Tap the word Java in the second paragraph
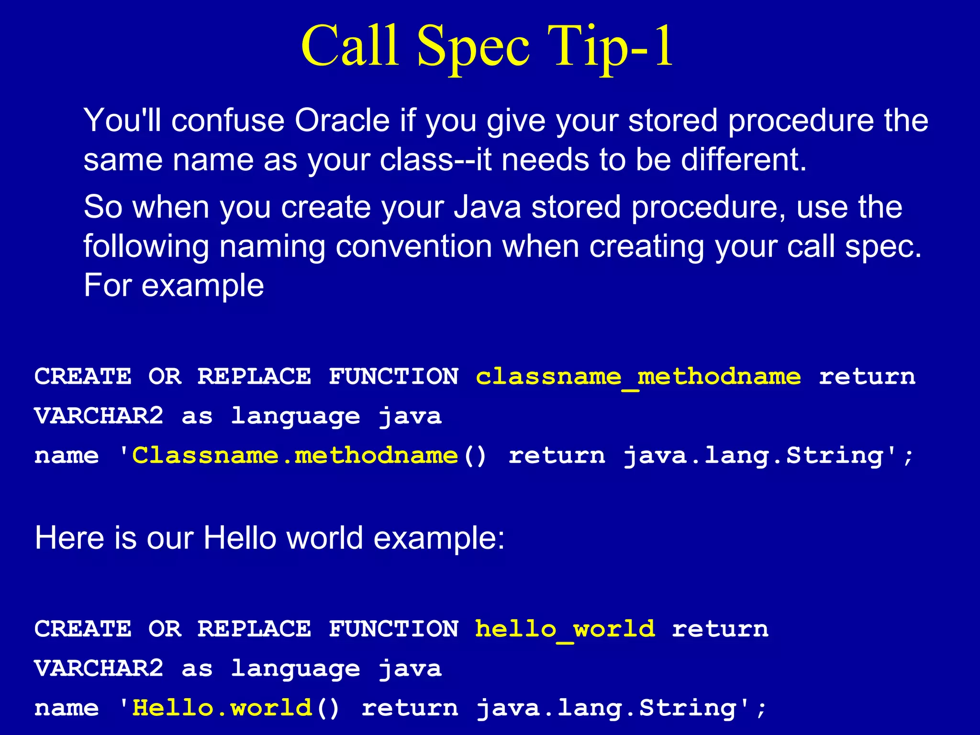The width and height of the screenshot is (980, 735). pos(487,207)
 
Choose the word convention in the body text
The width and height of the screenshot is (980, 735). pos(413,246)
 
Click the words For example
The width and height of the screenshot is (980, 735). pos(174,286)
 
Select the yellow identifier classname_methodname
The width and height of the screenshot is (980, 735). pos(638,377)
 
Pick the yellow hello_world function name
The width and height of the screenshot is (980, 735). pos(565,629)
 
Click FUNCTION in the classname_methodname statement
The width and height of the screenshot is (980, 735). pos(393,377)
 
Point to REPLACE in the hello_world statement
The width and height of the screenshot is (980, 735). pos(254,629)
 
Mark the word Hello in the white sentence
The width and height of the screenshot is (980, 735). pos(240,538)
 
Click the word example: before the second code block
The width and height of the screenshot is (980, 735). pos(439,538)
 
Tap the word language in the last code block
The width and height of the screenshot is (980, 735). pos(295,669)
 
